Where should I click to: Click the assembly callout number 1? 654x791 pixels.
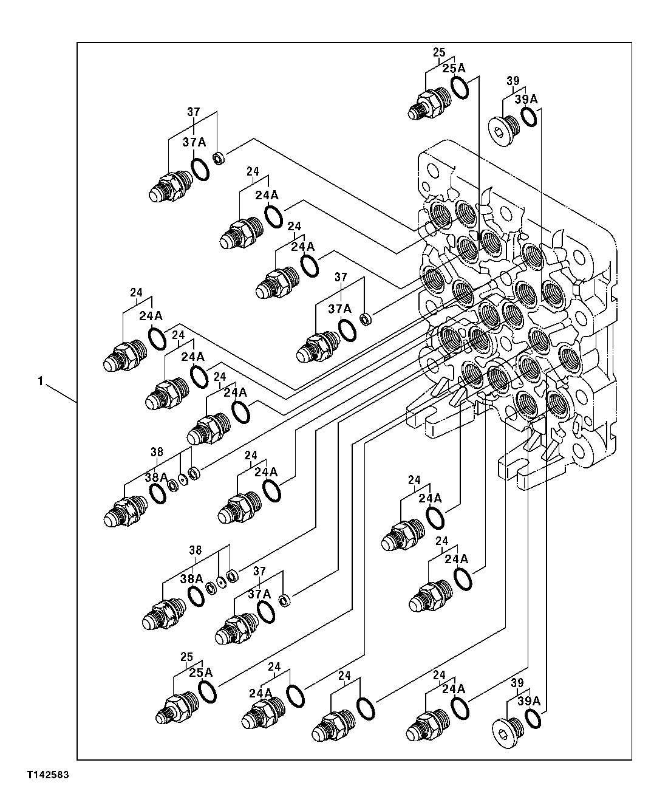tap(40, 382)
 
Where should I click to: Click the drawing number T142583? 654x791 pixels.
tap(47, 776)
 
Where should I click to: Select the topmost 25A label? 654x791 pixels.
tap(453, 69)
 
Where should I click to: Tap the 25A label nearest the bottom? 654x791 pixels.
tap(200, 673)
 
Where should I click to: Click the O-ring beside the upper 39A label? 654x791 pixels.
tap(528, 117)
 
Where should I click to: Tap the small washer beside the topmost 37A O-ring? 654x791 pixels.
tap(219, 160)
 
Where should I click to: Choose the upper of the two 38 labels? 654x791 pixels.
tap(157, 452)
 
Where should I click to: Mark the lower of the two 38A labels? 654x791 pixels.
tap(191, 579)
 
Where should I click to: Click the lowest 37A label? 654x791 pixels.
tap(259, 594)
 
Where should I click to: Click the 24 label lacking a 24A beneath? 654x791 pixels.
tap(345, 675)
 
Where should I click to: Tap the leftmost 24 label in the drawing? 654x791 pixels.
tap(136, 293)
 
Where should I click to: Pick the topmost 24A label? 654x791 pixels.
tap(267, 195)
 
